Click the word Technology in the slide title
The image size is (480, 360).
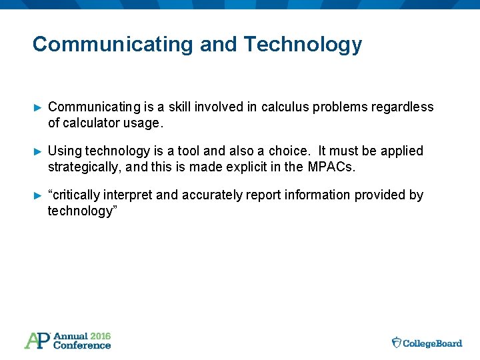303,45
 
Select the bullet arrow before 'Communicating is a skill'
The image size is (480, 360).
37,107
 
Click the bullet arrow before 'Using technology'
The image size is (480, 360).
37,151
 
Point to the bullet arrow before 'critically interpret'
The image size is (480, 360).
37,195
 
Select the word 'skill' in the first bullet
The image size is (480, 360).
181,107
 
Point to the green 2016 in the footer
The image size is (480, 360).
100,336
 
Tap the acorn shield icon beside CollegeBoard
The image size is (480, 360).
397,343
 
